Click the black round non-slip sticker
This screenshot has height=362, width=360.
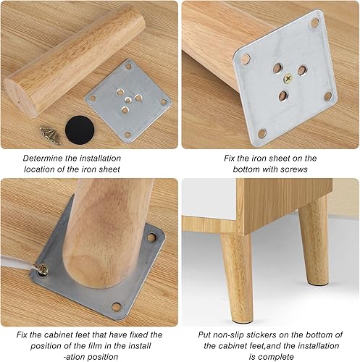click(x=80, y=130)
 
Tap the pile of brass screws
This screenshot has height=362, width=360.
click(x=51, y=135)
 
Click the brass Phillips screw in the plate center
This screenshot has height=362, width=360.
click(x=288, y=79)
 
